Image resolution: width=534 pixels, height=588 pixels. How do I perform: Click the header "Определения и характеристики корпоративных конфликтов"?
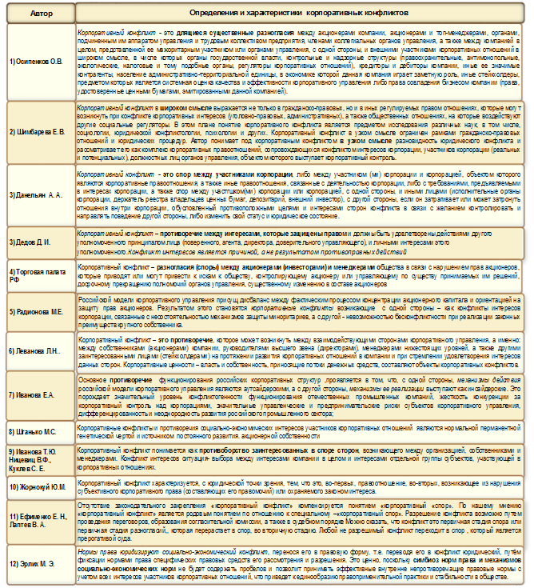coord(301,14)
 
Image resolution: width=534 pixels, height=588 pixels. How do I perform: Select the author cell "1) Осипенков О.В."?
coord(38,61)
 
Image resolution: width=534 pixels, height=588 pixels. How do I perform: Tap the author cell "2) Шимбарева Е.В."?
coord(38,132)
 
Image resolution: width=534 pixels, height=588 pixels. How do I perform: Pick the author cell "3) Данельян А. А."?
coord(38,194)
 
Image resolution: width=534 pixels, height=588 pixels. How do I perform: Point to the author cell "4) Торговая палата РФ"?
coord(38,271)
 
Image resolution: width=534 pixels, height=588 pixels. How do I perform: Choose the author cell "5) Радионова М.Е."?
coord(38,310)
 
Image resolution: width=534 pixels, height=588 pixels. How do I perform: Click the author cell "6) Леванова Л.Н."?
coord(38,350)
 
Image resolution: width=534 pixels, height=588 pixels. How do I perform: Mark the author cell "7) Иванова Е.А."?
coord(38,394)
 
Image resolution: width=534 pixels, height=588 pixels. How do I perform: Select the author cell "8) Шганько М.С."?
coord(38,431)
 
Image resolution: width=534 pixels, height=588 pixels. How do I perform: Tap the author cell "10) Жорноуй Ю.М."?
coord(38,485)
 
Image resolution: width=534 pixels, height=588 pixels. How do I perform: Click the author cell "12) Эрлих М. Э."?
coord(38,562)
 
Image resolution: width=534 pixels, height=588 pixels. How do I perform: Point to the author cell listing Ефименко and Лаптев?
coord(38,520)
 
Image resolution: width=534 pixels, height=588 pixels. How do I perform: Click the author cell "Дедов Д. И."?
coord(38,241)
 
